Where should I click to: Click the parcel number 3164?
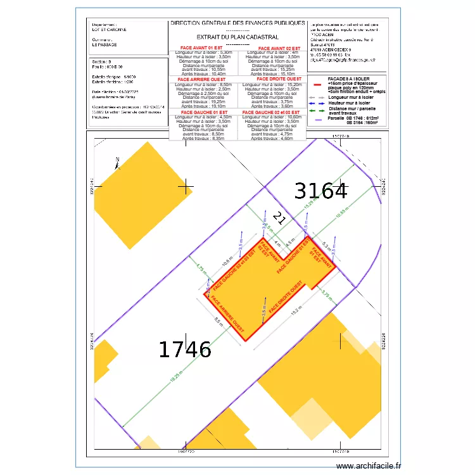pos(321,191)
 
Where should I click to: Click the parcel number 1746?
pos(185,349)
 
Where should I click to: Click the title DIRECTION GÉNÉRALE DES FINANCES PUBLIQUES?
pos(237,23)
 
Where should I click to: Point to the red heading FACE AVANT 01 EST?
pos(203,48)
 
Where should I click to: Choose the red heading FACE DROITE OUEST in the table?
pos(272,79)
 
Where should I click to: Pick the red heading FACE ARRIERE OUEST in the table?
pos(203,79)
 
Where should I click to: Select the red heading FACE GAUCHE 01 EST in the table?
pos(203,112)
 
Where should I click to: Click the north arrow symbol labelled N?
pos(117,163)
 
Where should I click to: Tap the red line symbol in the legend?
pos(318,82)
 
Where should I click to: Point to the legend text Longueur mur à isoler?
pos(350,97)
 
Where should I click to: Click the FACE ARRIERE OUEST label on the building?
pos(228,314)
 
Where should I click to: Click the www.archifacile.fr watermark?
pos(369,466)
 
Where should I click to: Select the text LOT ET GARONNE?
pos(109,29)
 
